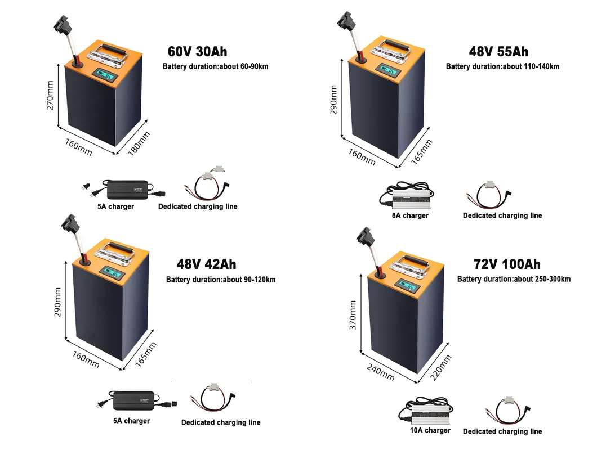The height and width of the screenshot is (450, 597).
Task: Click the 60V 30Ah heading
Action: (x=197, y=52)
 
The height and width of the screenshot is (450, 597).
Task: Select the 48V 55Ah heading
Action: (x=498, y=52)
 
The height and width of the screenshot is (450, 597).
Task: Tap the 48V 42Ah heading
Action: (x=206, y=264)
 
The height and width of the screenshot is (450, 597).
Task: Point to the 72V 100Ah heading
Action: (x=507, y=264)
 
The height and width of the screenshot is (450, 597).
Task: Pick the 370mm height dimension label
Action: (x=353, y=315)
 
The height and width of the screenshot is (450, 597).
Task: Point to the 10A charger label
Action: (x=430, y=430)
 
